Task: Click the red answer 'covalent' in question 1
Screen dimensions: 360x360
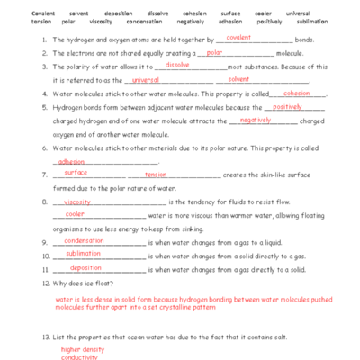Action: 238,38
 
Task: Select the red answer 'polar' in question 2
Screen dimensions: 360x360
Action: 214,52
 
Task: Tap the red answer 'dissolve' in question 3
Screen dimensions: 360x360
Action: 177,65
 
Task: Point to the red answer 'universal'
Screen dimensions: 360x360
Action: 133,79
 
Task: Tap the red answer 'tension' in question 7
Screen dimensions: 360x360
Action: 156,174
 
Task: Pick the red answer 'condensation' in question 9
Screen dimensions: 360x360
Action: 84,240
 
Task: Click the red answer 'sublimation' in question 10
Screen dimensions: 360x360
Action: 84,254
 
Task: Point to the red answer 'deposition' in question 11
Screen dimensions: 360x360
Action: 85,267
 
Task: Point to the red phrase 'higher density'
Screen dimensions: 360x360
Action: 83,348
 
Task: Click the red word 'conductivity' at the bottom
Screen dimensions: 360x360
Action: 78,356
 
